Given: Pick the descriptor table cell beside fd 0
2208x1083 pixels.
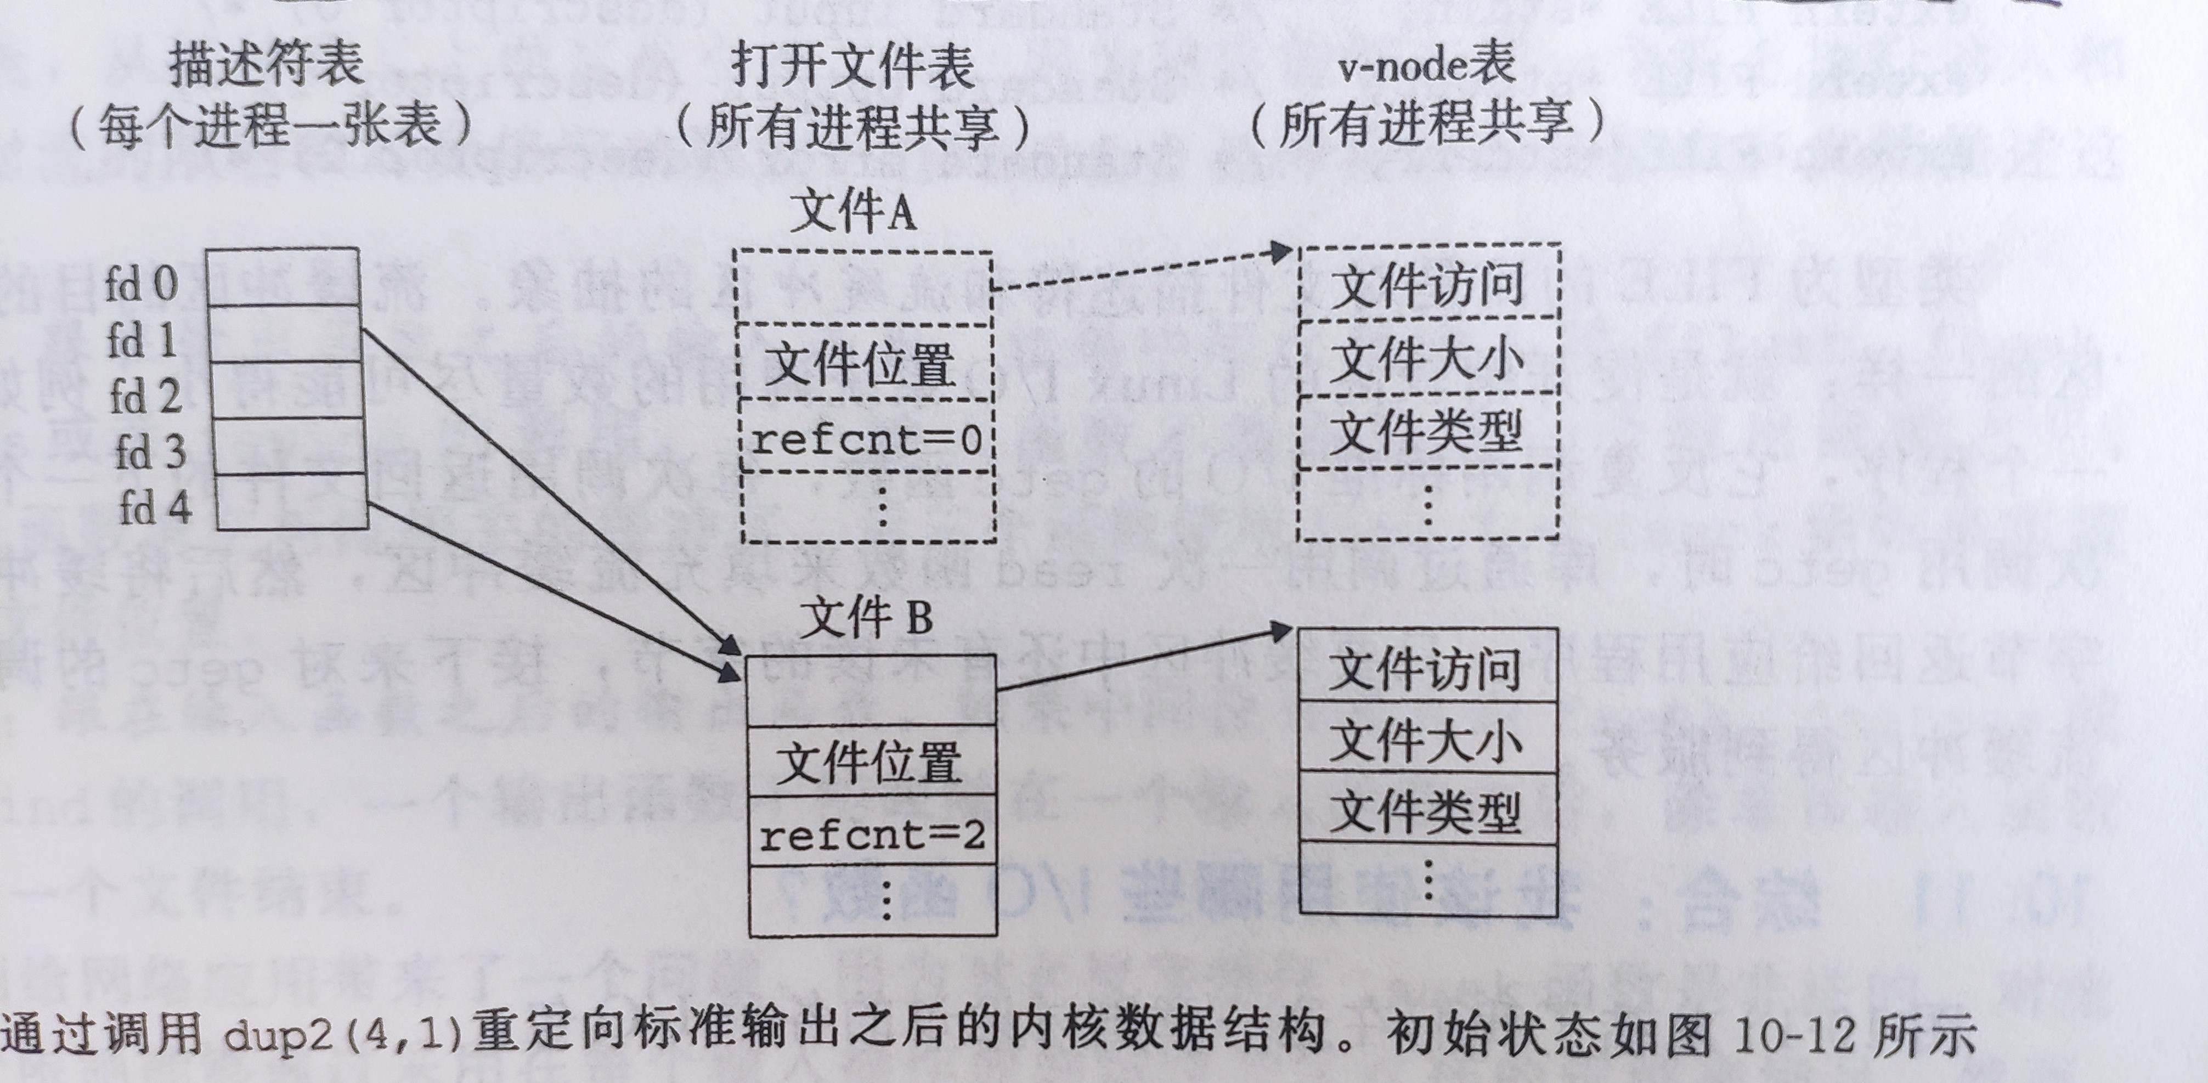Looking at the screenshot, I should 283,277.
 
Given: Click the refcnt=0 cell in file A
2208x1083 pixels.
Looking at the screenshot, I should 866,441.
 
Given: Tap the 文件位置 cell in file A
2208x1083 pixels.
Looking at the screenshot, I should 861,364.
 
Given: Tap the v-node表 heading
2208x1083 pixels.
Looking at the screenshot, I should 1428,64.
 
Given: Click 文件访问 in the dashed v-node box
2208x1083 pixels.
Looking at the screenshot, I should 1427,285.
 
